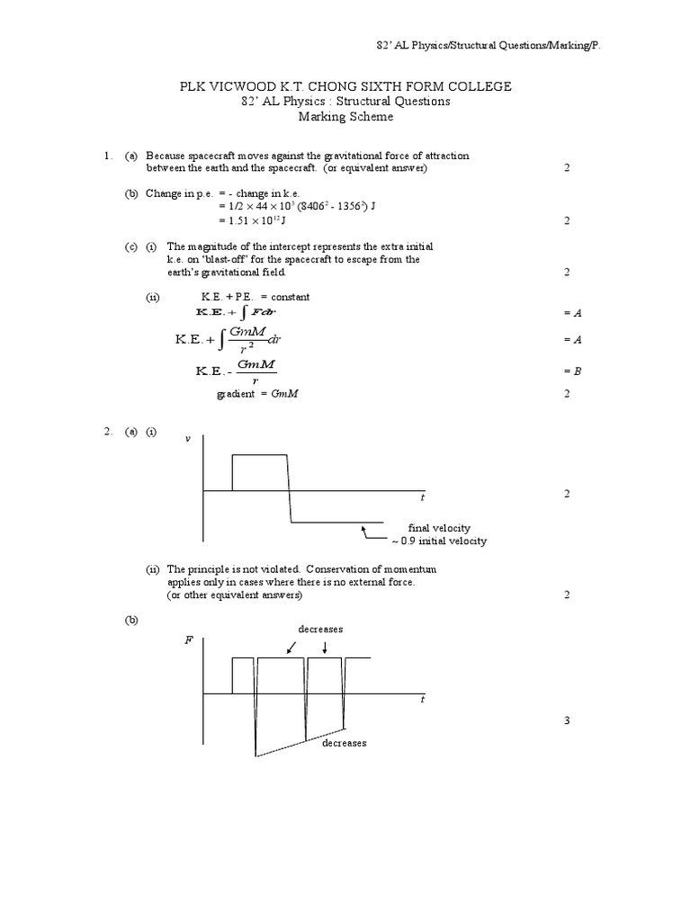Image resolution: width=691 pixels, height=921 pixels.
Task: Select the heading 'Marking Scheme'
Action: click(x=345, y=117)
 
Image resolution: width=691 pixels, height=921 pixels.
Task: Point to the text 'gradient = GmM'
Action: click(x=260, y=393)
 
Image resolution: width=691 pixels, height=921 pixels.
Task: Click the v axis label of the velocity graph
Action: click(x=187, y=438)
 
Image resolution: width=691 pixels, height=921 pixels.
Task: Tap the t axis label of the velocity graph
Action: click(x=423, y=496)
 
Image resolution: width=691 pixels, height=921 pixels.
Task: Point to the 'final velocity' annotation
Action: click(x=438, y=528)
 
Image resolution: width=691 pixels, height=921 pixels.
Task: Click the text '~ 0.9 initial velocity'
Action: click(x=438, y=541)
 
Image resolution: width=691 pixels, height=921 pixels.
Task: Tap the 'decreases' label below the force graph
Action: click(x=345, y=743)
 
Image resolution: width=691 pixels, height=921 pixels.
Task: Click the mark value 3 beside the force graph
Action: click(x=567, y=720)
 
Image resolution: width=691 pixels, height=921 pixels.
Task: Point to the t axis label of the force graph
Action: click(x=423, y=699)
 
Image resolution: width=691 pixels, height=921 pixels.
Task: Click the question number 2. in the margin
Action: click(x=107, y=432)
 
